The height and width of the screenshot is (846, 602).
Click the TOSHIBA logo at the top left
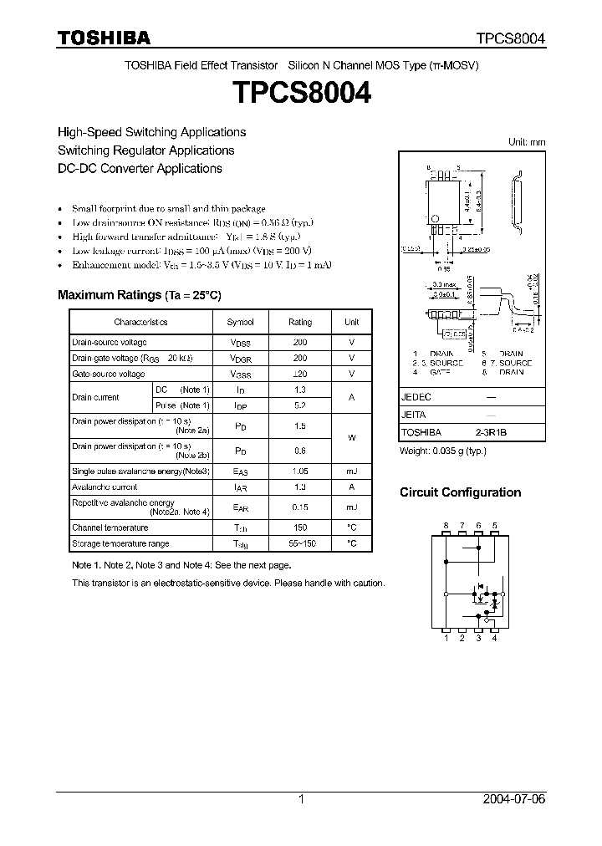click(x=104, y=38)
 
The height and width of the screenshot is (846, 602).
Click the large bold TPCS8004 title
click(x=301, y=94)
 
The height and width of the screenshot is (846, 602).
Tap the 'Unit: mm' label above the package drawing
click(x=527, y=142)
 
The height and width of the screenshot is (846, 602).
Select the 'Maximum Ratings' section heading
click(x=139, y=295)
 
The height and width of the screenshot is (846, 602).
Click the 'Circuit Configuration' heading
click(x=460, y=492)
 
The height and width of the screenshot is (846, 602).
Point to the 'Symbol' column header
click(x=241, y=322)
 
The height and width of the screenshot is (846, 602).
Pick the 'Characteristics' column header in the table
click(x=140, y=322)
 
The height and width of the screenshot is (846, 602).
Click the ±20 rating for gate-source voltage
click(x=300, y=374)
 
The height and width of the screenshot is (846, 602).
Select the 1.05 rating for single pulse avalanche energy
click(x=300, y=471)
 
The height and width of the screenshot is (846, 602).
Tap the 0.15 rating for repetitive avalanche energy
click(x=300, y=507)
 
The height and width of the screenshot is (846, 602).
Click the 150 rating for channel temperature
click(x=300, y=527)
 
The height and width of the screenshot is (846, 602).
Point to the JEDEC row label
click(x=416, y=398)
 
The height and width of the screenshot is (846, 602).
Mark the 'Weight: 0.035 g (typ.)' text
click(x=443, y=451)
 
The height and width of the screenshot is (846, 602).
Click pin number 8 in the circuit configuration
click(x=446, y=525)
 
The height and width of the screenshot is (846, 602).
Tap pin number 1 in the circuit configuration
click(x=446, y=639)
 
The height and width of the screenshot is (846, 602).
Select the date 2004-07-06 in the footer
click(x=514, y=799)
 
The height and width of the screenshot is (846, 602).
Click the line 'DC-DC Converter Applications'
click(x=140, y=168)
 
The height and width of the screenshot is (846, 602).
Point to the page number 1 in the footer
click(x=301, y=799)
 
